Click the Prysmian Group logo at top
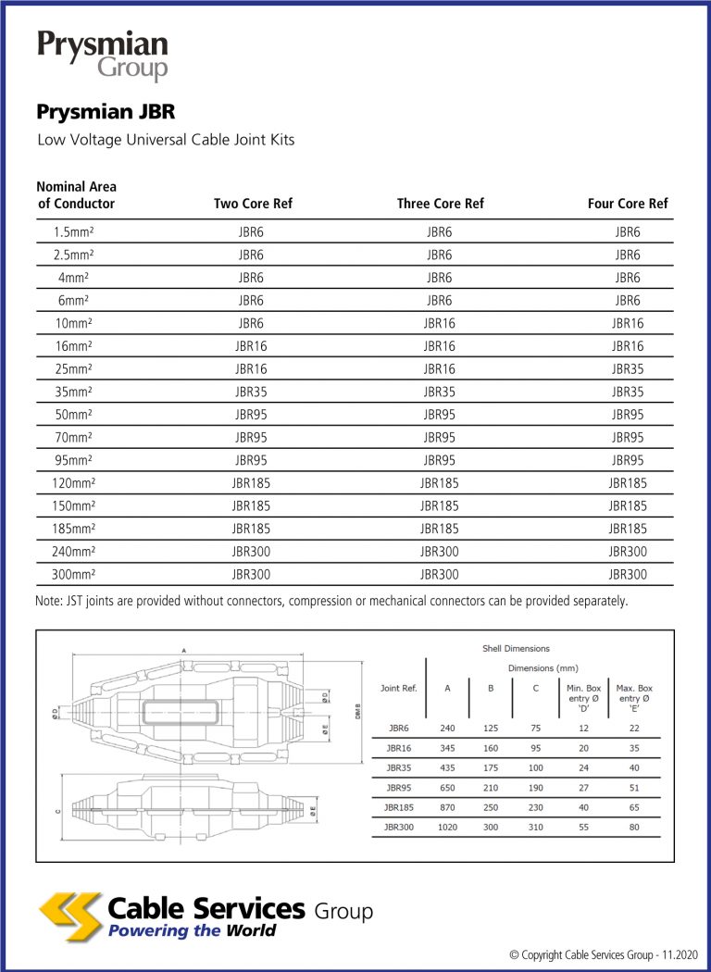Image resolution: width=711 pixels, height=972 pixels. pyautogui.click(x=103, y=56)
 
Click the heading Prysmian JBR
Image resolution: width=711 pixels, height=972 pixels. pyautogui.click(x=106, y=113)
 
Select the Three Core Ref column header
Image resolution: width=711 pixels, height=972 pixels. pyautogui.click(x=440, y=204)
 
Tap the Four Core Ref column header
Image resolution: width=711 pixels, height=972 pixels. pyautogui.click(x=627, y=204)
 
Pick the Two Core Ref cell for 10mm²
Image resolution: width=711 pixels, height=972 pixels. pyautogui.click(x=251, y=323)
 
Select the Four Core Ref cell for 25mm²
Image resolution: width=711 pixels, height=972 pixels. pyautogui.click(x=627, y=368)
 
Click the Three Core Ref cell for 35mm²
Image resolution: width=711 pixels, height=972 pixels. pyautogui.click(x=440, y=392)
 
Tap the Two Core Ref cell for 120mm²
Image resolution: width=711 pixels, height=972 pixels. pyautogui.click(x=251, y=482)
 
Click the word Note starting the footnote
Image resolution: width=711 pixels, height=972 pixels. pyautogui.click(x=51, y=602)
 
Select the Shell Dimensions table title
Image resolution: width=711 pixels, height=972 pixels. pyautogui.click(x=516, y=648)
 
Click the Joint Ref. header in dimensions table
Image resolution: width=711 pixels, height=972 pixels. pyautogui.click(x=399, y=689)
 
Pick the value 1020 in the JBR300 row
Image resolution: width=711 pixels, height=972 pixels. pyautogui.click(x=448, y=827)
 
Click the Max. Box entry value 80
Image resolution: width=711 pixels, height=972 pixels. pyautogui.click(x=634, y=827)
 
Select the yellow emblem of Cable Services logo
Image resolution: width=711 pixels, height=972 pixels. pyautogui.click(x=70, y=916)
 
